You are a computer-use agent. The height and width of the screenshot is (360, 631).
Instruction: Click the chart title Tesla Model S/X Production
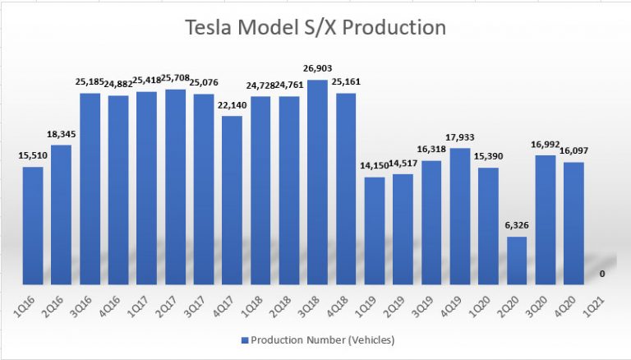tap(315, 28)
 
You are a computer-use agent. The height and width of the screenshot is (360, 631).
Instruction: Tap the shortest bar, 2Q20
tap(517, 261)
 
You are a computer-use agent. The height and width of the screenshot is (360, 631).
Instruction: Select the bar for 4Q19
tap(459, 216)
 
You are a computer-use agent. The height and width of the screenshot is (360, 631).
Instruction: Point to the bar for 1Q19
tap(375, 230)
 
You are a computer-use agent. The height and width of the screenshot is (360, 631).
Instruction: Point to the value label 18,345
tap(62, 133)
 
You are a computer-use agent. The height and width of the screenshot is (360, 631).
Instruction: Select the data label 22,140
tap(233, 104)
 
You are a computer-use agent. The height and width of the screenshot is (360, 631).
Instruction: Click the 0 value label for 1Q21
tap(602, 274)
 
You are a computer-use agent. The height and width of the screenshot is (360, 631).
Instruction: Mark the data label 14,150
tap(374, 165)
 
